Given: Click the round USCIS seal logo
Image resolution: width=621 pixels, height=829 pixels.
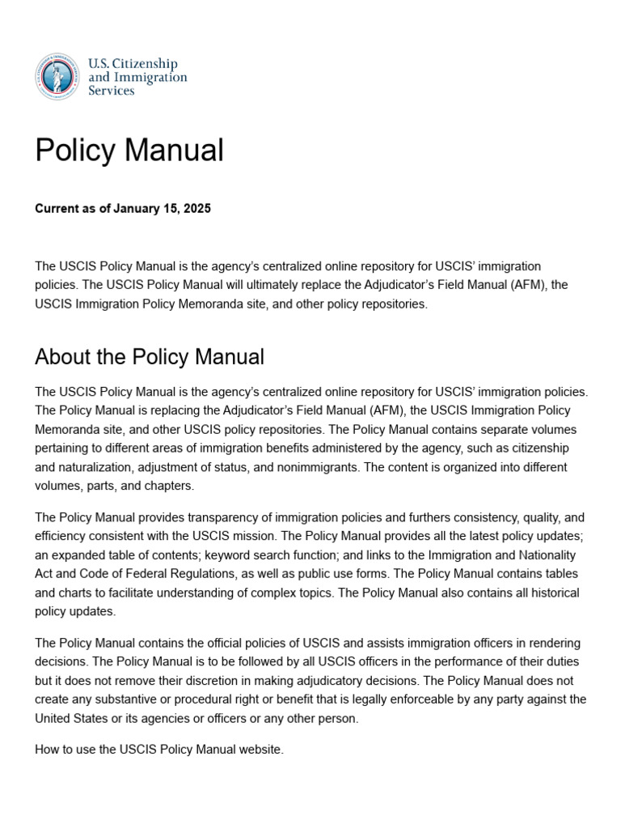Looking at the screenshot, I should coord(57,76).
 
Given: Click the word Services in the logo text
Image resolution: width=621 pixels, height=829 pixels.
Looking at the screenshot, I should coord(111,91).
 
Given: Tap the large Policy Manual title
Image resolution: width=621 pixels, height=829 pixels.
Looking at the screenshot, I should coord(129,151).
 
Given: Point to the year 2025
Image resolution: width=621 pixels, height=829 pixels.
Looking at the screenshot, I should coord(197,209).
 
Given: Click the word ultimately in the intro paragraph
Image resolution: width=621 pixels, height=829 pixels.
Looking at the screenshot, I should coord(257,285).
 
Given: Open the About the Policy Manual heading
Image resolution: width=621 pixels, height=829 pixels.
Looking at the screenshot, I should coord(150,357).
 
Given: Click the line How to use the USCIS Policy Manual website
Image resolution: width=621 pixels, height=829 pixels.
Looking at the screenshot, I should coord(159,750).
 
